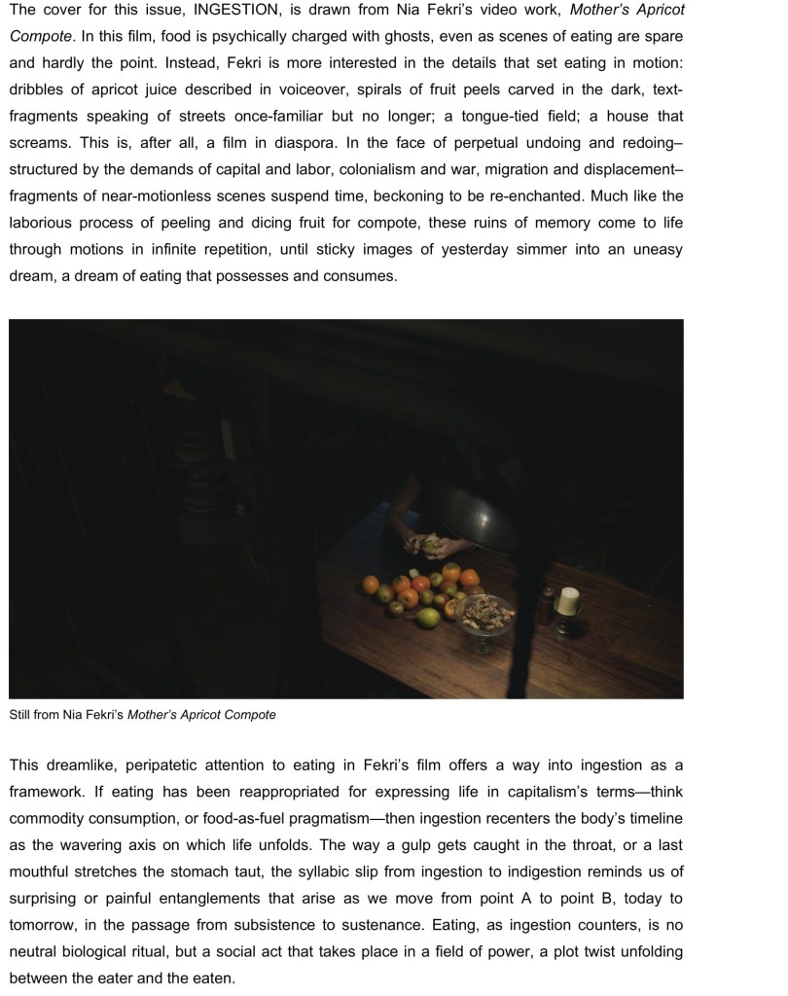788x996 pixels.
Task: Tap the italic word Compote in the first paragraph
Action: click(39, 36)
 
